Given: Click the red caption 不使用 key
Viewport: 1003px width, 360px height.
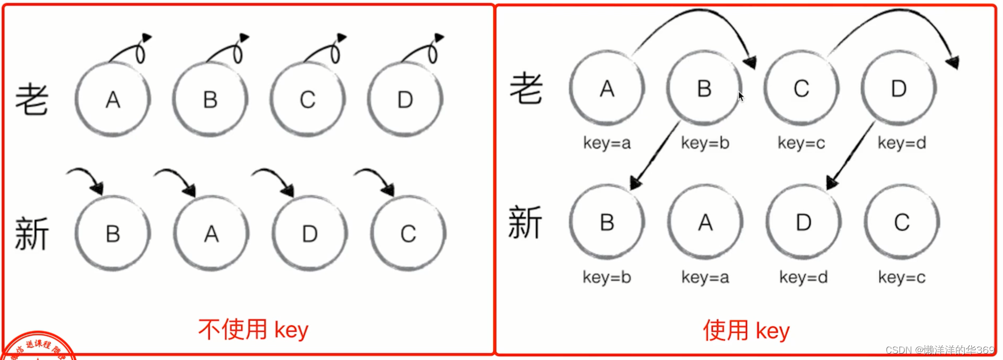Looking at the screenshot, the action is click(x=253, y=330).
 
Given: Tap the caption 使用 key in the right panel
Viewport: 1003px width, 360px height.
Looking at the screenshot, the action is click(x=746, y=331).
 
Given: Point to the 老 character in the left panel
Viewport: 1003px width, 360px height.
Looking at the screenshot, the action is click(x=32, y=99).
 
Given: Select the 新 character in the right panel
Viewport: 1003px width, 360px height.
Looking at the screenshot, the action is click(x=525, y=223).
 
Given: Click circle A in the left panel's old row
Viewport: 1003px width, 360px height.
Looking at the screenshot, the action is click(x=113, y=99).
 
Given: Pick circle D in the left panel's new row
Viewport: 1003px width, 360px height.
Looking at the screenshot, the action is click(x=310, y=234).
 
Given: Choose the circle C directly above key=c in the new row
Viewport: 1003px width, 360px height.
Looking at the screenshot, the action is click(x=901, y=222).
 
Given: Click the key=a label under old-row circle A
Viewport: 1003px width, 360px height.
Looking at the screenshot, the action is click(x=607, y=143).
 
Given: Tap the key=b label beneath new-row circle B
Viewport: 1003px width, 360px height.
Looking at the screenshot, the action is click(x=607, y=277).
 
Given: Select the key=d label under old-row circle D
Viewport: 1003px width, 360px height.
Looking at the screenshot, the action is click(x=901, y=143).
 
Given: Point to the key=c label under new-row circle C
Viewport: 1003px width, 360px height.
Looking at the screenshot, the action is click(x=901, y=277).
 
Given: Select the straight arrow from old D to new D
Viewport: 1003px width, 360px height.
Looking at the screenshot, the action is click(x=850, y=156).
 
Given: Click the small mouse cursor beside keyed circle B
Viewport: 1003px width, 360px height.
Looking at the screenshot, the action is click(x=741, y=96).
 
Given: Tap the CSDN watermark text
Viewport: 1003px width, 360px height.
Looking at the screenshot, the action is click(x=940, y=350).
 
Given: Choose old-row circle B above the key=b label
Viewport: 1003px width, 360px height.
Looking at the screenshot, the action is click(x=704, y=88).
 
